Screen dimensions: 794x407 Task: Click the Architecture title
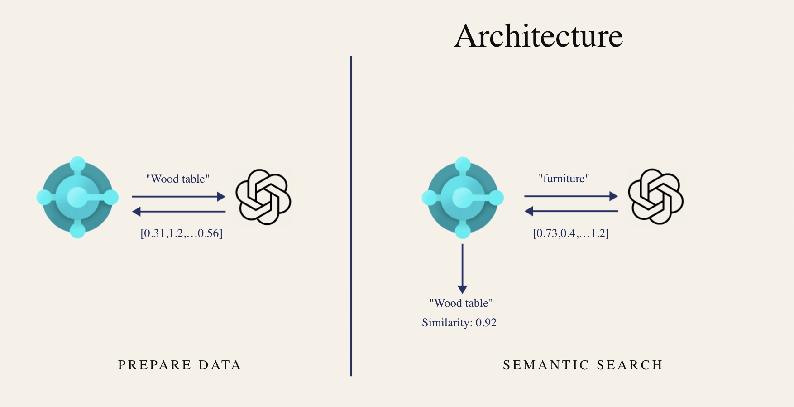[539, 36]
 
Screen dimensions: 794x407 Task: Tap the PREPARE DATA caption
[179, 365]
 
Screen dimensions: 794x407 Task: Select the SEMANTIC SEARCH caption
[583, 365]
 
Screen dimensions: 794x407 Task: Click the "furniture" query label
[564, 179]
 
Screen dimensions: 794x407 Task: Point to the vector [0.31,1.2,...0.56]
[182, 233]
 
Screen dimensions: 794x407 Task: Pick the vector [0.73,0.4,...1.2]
[571, 233]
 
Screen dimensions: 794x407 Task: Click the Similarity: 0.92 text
[459, 323]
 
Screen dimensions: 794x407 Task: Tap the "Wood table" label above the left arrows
[177, 179]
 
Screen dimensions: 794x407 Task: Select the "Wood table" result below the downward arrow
[461, 303]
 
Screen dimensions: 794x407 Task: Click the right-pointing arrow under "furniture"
[571, 196]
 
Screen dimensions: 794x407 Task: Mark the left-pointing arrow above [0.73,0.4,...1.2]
[571, 211]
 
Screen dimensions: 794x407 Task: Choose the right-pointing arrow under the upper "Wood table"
[178, 197]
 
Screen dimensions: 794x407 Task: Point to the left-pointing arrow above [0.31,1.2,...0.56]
[178, 211]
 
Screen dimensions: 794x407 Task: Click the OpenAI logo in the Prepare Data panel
[263, 197]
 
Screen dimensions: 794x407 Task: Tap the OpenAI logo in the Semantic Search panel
[655, 196]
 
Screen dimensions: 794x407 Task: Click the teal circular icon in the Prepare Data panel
[77, 197]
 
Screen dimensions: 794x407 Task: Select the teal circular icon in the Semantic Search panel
[462, 198]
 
